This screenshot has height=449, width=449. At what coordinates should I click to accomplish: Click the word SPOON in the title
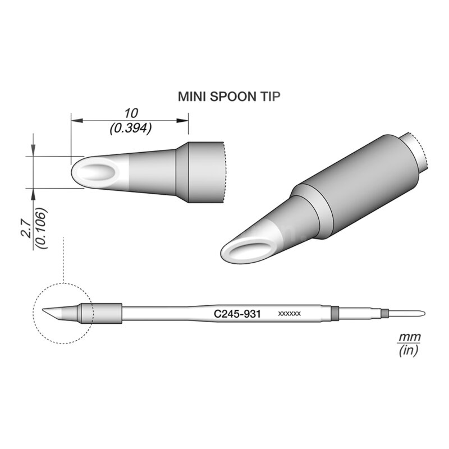point(229,97)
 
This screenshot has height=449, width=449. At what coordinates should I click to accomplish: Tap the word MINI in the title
point(191,97)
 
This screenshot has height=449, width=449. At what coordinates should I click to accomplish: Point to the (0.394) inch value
point(130,129)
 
